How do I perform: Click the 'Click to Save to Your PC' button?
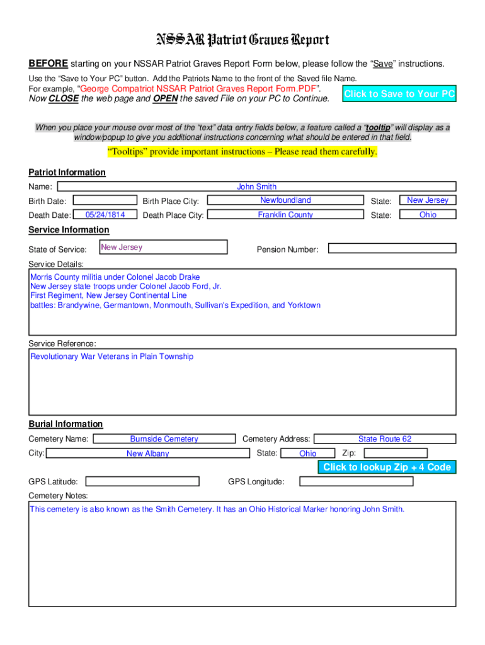tap(399, 94)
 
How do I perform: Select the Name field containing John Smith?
tap(256, 186)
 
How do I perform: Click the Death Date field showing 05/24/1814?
tap(105, 215)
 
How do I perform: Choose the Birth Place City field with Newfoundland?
tap(285, 200)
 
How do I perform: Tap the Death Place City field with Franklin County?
tap(285, 215)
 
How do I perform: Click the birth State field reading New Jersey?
tap(428, 200)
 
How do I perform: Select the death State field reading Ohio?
tap(428, 215)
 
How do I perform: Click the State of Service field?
tap(163, 247)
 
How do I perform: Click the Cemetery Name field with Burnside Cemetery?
tap(164, 439)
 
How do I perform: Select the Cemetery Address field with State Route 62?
tap(384, 439)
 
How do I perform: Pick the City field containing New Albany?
tap(147, 454)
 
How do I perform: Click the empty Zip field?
tap(395, 453)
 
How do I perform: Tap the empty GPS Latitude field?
tap(142, 482)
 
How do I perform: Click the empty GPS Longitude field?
tap(356, 482)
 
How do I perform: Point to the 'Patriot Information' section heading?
tap(67, 173)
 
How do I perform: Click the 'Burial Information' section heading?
tap(66, 424)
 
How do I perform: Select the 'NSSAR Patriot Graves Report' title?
tap(243, 40)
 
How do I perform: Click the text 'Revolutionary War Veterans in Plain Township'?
tap(112, 357)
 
